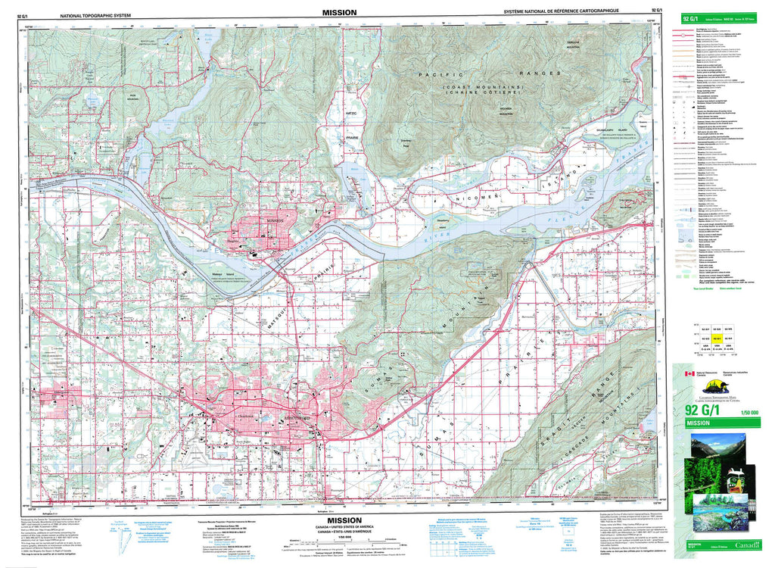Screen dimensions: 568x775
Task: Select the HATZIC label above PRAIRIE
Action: pyautogui.click(x=350, y=113)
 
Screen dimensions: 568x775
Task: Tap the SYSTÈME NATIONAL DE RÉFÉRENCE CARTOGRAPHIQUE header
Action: pyautogui.click(x=561, y=13)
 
